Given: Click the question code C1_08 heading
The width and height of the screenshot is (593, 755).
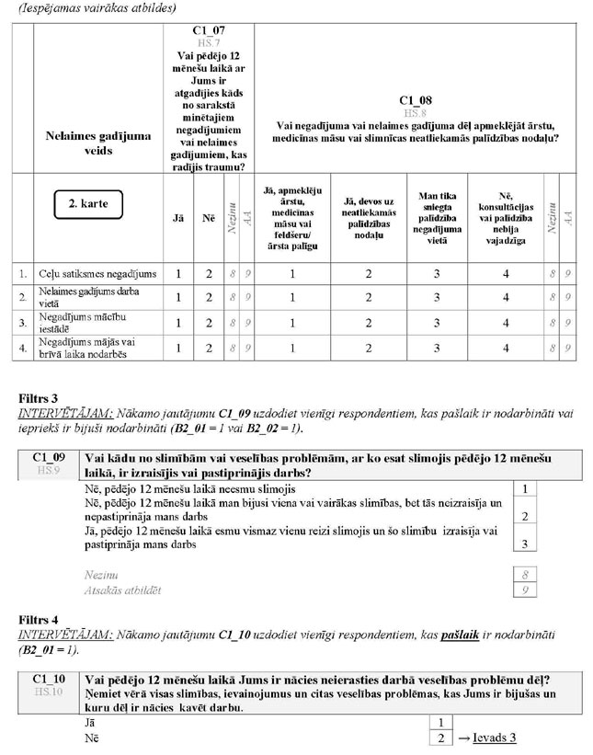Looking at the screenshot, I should click(416, 99).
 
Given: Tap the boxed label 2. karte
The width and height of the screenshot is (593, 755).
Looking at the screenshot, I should click(87, 203).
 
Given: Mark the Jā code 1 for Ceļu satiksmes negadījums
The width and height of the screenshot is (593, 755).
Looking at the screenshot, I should click(179, 274).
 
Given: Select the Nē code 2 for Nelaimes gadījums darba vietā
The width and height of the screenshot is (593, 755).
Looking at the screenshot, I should click(209, 298).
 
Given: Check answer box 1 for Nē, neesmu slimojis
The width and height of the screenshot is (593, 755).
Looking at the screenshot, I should click(523, 490).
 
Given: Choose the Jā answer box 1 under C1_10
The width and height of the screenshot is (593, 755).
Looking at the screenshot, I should click(441, 723).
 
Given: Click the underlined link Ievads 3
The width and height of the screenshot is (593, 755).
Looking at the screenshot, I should click(495, 738).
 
